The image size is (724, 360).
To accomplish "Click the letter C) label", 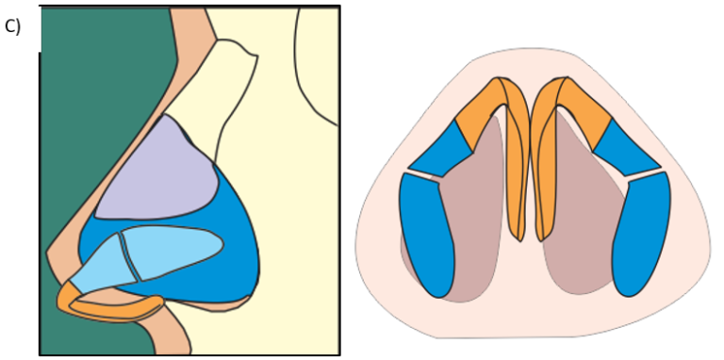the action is [12, 26].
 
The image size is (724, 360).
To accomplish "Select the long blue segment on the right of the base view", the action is [642, 236].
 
